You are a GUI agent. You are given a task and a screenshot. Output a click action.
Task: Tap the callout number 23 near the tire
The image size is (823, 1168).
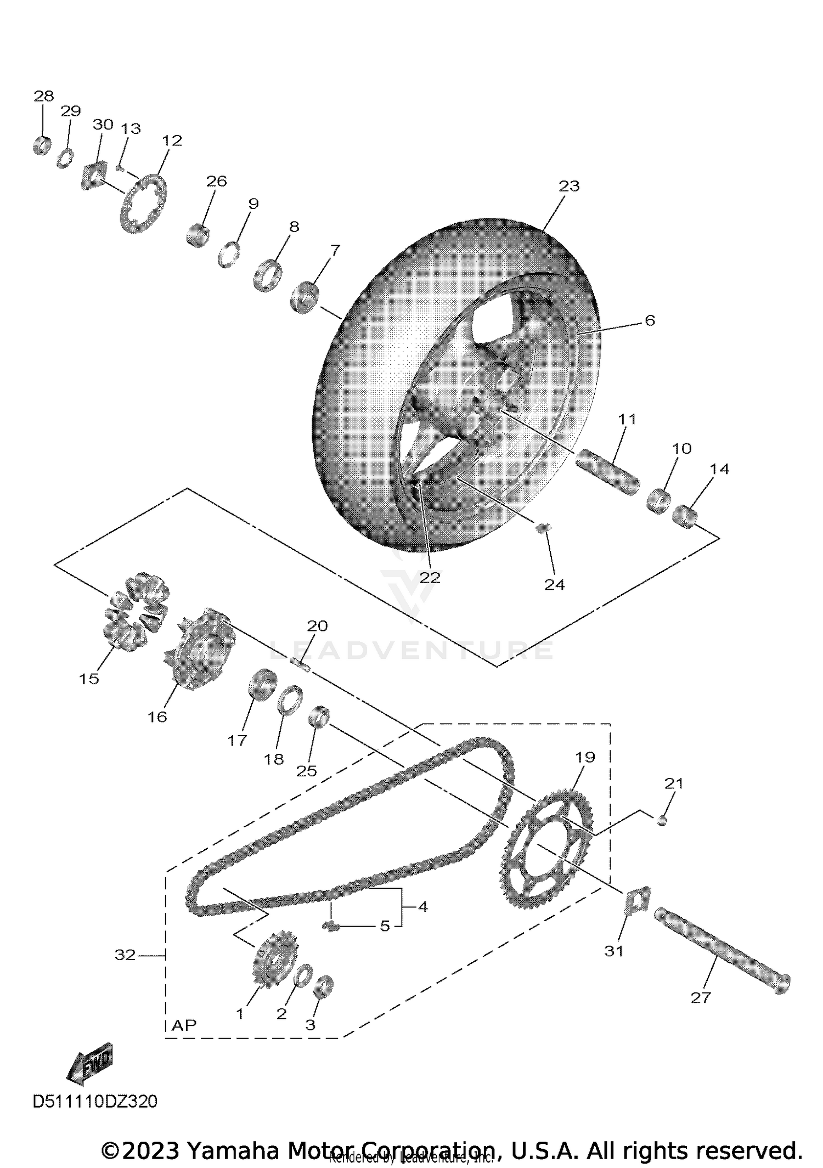coord(569,187)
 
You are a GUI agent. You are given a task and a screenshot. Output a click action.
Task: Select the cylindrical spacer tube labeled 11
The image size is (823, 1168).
coord(607,473)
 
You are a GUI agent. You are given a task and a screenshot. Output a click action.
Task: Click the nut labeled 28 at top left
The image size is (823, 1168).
coord(42,145)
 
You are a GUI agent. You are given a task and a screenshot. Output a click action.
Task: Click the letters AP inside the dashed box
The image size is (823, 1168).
coord(184,1025)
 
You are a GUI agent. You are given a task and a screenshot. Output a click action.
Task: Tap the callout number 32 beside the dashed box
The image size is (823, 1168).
coord(125,955)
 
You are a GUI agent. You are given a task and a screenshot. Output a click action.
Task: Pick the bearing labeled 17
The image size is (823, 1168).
coord(262,684)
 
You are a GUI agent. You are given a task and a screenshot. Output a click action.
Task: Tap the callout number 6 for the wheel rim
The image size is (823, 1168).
coord(650,320)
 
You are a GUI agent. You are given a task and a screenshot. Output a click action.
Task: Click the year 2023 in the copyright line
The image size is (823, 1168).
coord(150,1150)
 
